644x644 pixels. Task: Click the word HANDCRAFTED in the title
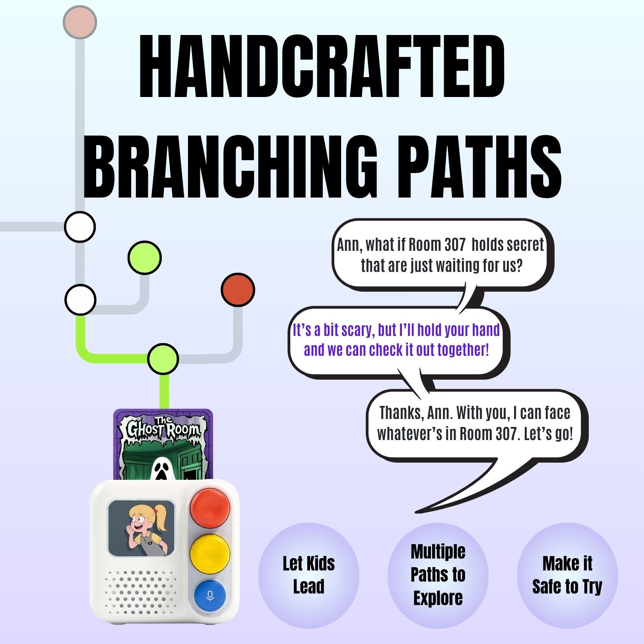click(x=322, y=66)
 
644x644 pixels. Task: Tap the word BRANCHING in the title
click(x=230, y=167)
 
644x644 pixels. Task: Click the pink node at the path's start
click(x=80, y=22)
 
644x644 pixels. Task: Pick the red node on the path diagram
click(x=238, y=289)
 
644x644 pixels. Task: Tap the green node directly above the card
click(x=163, y=359)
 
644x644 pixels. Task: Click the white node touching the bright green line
click(x=80, y=300)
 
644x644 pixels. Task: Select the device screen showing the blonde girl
click(x=141, y=528)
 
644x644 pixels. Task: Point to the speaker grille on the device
click(x=141, y=592)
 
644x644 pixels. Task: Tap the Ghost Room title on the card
click(x=163, y=428)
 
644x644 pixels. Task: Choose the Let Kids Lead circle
click(x=309, y=575)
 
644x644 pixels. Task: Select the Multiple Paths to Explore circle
click(x=438, y=575)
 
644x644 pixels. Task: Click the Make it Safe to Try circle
click(x=567, y=575)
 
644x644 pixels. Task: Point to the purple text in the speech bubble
click(x=396, y=340)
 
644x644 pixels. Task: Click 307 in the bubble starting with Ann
click(x=455, y=245)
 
